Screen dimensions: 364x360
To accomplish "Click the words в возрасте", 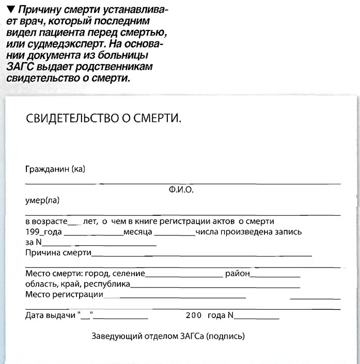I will pos(47,221).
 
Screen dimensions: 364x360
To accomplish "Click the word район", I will pos(237,273).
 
